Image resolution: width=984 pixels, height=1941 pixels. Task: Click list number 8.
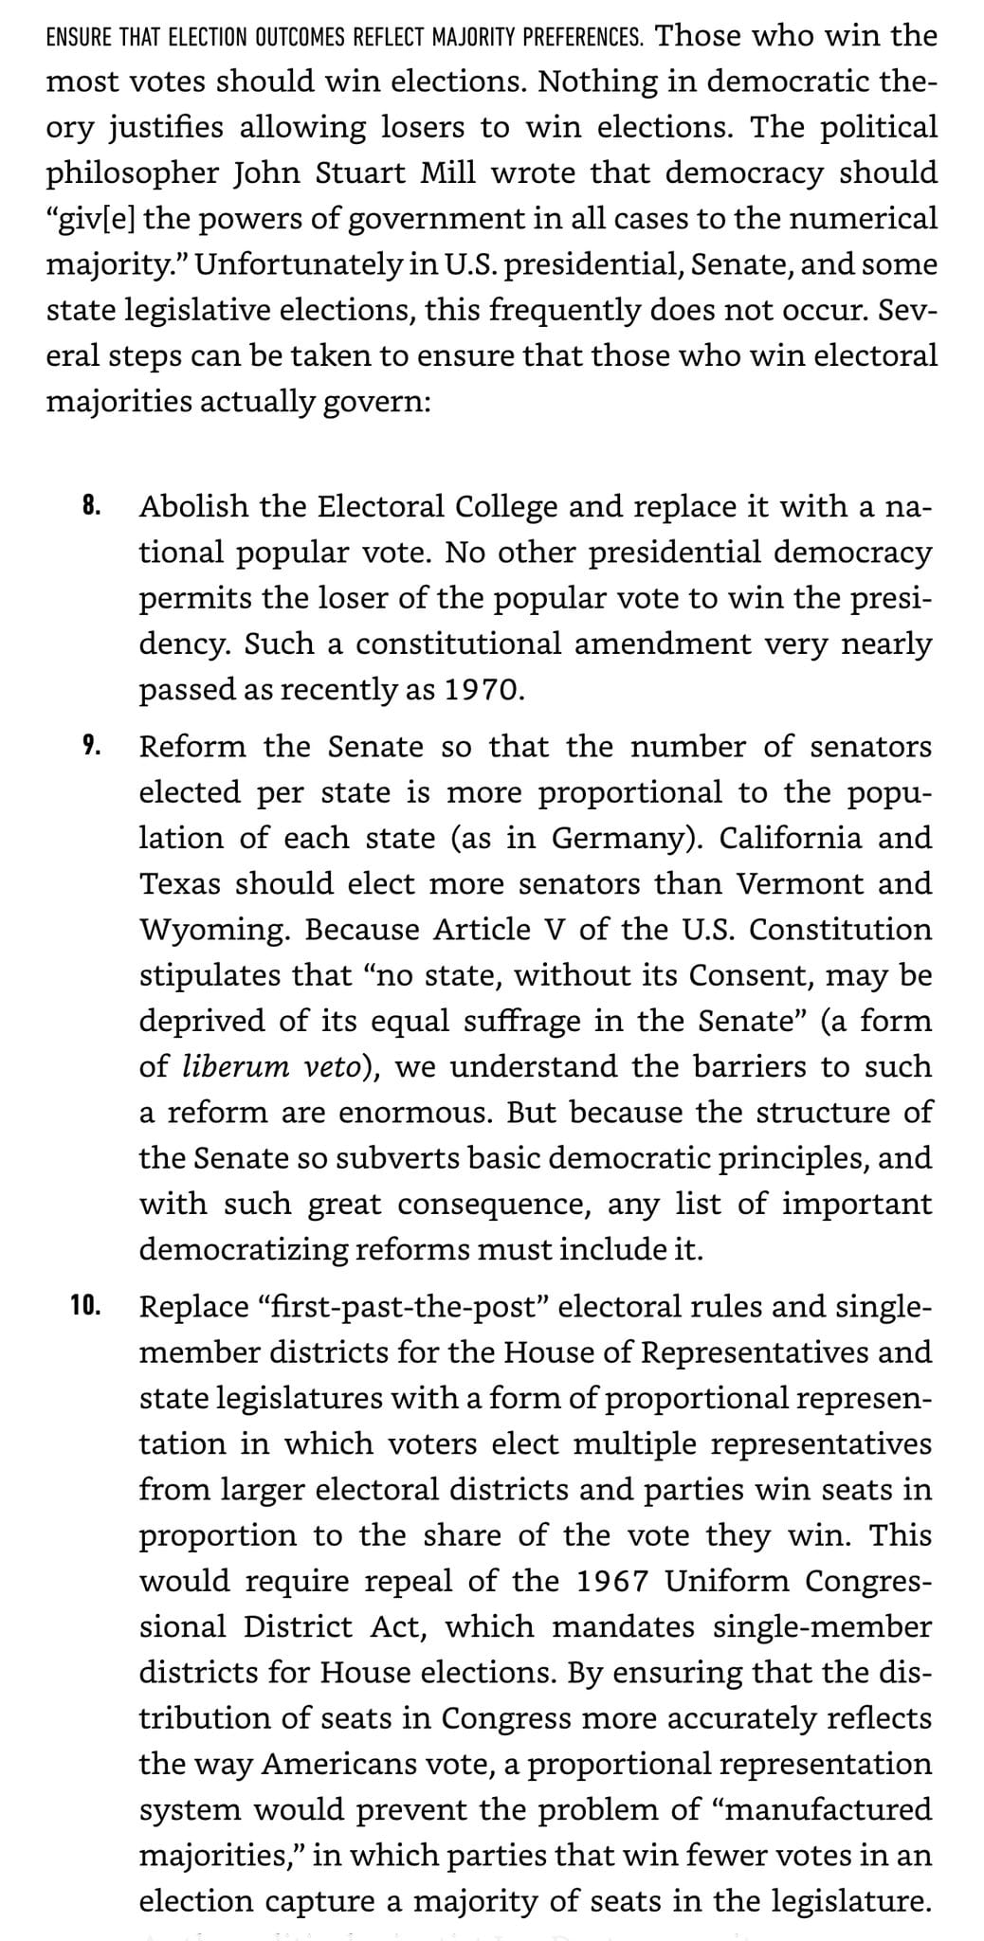pyautogui.click(x=90, y=505)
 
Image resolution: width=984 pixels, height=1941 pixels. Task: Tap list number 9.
pyautogui.click(x=90, y=746)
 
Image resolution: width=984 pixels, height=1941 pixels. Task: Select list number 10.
pyautogui.click(x=85, y=1305)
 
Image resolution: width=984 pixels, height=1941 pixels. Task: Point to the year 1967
pyautogui.click(x=612, y=1581)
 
